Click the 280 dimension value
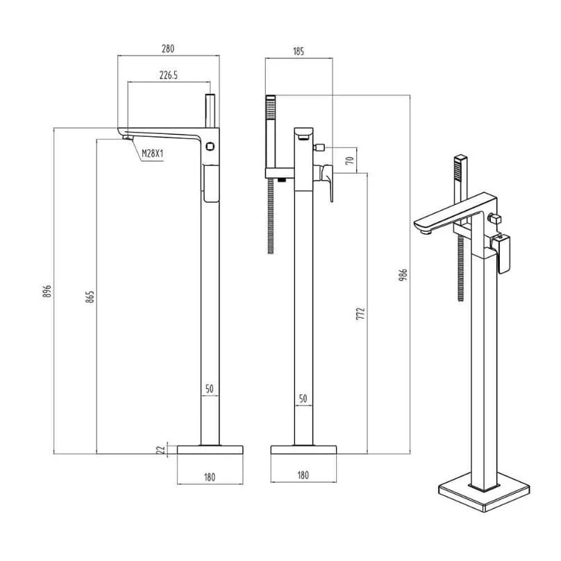(x=168, y=49)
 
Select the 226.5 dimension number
(x=169, y=76)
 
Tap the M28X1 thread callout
(x=153, y=154)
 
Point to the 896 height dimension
(x=47, y=291)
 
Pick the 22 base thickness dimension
(x=162, y=450)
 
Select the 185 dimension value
(x=299, y=51)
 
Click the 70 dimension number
(x=350, y=160)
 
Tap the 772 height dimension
(x=361, y=313)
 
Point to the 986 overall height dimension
(x=403, y=275)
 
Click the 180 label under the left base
(x=210, y=477)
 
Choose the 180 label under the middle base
(x=303, y=476)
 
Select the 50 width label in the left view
(x=210, y=389)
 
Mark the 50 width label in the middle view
(x=303, y=399)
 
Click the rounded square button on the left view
(x=210, y=146)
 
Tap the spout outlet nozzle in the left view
(x=128, y=137)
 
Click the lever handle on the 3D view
(x=502, y=253)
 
